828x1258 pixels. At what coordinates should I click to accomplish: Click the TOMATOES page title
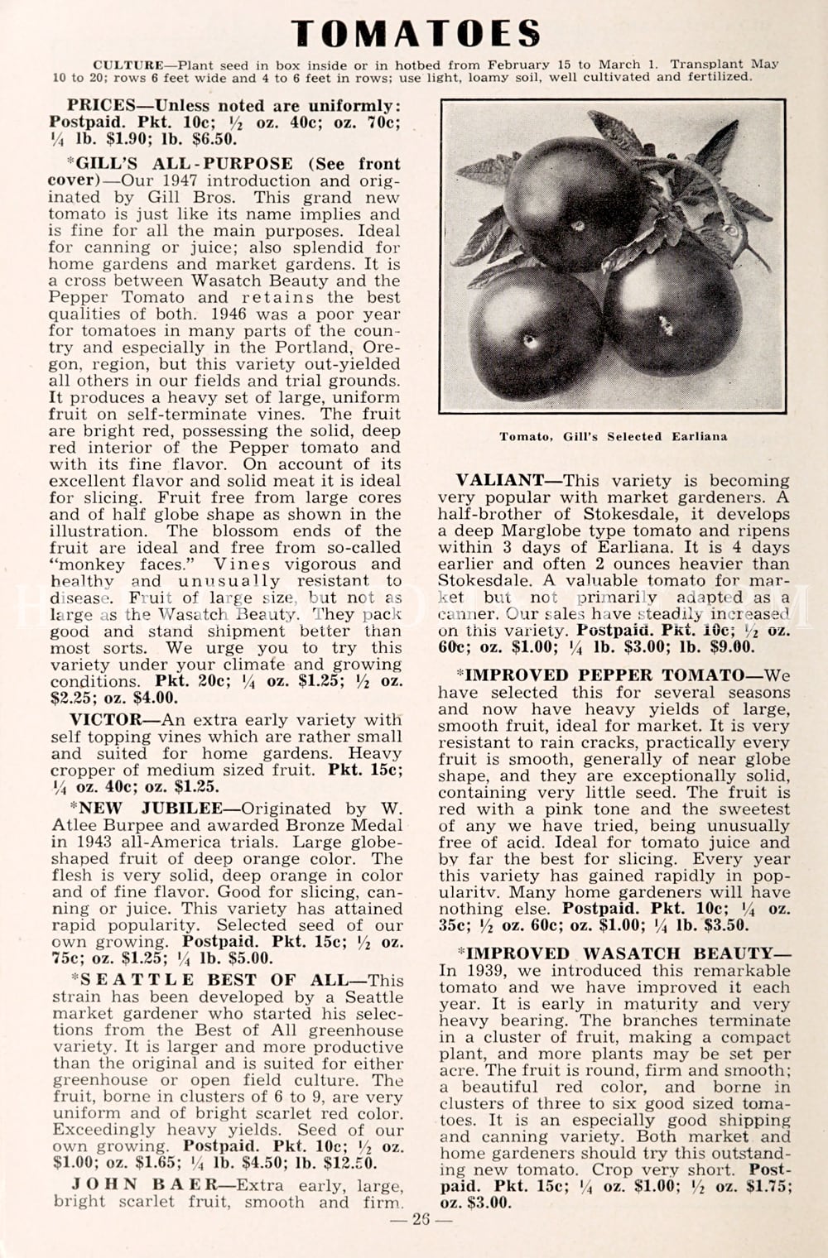tap(416, 33)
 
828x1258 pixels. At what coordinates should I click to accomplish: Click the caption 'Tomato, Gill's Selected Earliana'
tap(613, 436)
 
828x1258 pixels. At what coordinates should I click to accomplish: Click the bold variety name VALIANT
tap(499, 481)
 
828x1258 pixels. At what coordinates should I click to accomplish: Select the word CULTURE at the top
tap(128, 65)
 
